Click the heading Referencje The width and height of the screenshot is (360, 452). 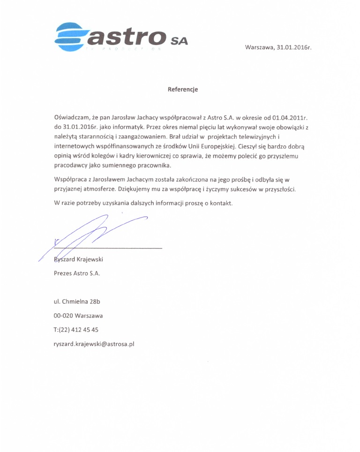(x=183, y=89)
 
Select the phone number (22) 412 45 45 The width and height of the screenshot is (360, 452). (x=79, y=330)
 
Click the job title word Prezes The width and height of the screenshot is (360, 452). (x=63, y=273)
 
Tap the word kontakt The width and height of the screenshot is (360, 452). (x=221, y=203)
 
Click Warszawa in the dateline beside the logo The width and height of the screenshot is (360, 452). (x=259, y=48)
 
